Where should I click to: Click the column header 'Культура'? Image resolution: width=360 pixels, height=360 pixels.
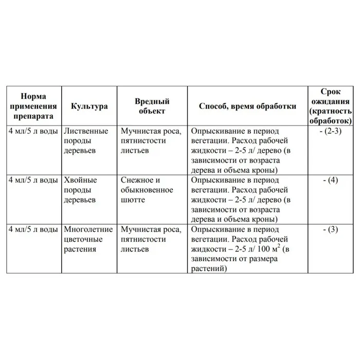[89, 106]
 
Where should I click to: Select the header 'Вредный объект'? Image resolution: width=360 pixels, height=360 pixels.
[152, 106]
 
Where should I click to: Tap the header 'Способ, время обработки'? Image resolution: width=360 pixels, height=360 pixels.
[247, 106]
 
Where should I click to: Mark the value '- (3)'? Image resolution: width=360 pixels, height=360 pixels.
[333, 229]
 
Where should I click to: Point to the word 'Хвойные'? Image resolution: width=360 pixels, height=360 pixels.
[79, 181]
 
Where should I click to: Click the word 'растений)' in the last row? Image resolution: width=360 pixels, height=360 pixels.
[208, 268]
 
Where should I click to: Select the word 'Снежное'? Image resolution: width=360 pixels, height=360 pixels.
[136, 181]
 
